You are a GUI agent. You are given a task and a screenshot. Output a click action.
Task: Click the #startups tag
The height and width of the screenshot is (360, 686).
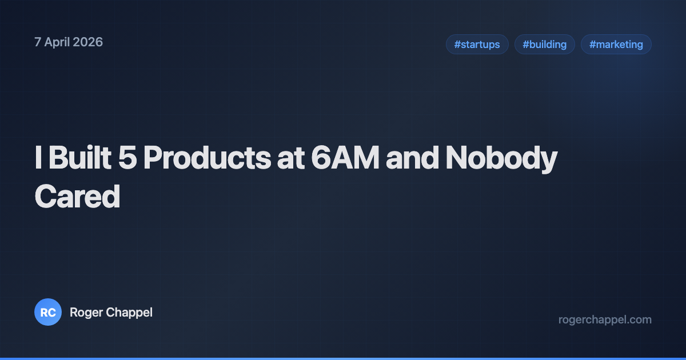point(477,45)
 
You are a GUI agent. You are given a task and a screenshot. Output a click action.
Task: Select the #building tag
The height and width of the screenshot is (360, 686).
point(544,45)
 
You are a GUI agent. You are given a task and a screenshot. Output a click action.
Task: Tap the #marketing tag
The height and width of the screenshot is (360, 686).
point(616,45)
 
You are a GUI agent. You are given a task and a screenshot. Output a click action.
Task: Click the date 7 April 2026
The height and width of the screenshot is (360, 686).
point(69,42)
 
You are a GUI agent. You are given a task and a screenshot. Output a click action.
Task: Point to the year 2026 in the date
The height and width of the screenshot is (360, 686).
point(88,42)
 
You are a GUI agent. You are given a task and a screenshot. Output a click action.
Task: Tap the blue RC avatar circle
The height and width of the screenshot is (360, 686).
point(48,313)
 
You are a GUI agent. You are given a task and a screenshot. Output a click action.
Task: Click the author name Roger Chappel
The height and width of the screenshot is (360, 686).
point(111,313)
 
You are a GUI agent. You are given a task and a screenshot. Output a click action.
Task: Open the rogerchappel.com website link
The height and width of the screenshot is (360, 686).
point(605,319)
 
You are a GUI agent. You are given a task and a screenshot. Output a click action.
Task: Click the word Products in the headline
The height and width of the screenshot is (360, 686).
point(207,159)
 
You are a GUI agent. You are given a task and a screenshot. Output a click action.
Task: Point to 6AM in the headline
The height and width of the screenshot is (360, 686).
point(345,159)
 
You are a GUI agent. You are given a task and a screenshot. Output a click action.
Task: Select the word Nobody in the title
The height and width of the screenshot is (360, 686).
point(501,159)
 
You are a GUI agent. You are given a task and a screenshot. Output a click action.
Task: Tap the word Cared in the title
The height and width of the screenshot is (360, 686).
point(77,196)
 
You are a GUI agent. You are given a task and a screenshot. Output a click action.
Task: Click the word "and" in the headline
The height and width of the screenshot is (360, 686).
point(412,159)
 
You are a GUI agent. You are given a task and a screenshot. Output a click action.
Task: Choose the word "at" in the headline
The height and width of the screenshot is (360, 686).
point(290,159)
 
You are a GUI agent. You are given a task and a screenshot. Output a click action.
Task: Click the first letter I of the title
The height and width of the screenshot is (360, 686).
point(38,159)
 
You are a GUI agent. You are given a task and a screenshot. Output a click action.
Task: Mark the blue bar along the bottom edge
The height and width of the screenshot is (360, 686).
point(343,358)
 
